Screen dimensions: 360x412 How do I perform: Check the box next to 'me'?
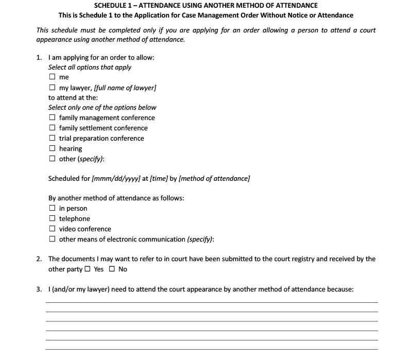tap(52, 77)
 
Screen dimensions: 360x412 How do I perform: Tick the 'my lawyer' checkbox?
tap(52, 88)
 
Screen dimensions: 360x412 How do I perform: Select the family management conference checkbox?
tap(52, 118)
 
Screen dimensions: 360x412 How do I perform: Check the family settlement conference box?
tap(52, 128)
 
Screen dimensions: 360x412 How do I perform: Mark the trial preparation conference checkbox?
tap(52, 138)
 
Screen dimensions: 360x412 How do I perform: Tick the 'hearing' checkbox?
tap(52, 148)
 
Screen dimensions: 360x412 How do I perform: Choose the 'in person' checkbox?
tap(52, 209)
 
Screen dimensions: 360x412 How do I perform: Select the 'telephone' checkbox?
tap(52, 219)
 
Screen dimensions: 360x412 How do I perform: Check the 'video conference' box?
tap(52, 229)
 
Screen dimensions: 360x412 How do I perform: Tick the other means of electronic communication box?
tap(52, 239)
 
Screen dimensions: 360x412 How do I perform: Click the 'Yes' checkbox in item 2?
tap(88, 269)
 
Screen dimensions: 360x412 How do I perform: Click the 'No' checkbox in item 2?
tap(112, 269)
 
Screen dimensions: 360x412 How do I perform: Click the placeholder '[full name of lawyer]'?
tap(125, 88)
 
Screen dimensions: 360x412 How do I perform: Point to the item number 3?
tap(39, 289)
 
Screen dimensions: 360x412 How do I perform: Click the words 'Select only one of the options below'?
tap(102, 108)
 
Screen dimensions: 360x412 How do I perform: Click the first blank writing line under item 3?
tap(211, 303)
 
